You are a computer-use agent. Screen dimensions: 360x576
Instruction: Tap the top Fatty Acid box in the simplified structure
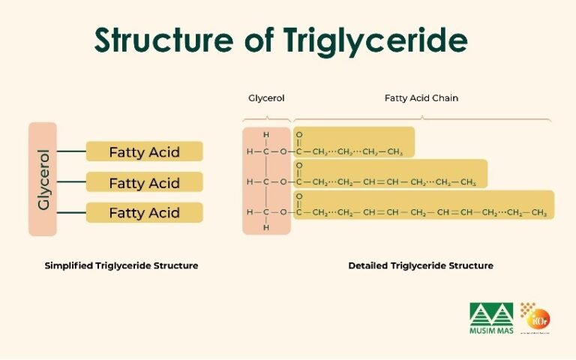pyautogui.click(x=144, y=152)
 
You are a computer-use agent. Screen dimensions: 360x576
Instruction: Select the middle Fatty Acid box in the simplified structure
pyautogui.click(x=144, y=183)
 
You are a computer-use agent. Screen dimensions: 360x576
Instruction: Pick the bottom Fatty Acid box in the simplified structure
pyautogui.click(x=144, y=213)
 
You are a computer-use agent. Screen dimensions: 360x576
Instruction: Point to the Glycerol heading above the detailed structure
pyautogui.click(x=266, y=98)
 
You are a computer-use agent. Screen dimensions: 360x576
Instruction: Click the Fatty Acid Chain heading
pyautogui.click(x=421, y=98)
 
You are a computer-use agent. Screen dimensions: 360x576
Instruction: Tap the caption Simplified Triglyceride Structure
pyautogui.click(x=121, y=265)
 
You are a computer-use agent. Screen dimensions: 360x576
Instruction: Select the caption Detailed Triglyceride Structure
pyautogui.click(x=421, y=265)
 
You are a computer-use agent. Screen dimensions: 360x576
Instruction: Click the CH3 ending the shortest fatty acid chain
pyautogui.click(x=396, y=152)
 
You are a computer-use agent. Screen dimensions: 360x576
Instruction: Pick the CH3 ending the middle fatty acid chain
pyautogui.click(x=468, y=182)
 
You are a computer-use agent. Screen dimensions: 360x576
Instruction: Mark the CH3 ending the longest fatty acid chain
pyautogui.click(x=538, y=213)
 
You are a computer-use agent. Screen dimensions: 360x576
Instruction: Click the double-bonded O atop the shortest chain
pyautogui.click(x=299, y=135)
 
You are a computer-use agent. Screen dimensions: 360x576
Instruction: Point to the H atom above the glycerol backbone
pyautogui.click(x=265, y=135)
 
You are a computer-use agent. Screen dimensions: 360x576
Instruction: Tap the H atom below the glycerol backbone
pyautogui.click(x=265, y=227)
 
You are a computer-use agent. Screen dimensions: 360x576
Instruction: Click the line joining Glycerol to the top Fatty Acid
pyautogui.click(x=71, y=151)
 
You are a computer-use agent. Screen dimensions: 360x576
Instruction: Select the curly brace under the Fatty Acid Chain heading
pyautogui.click(x=422, y=118)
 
